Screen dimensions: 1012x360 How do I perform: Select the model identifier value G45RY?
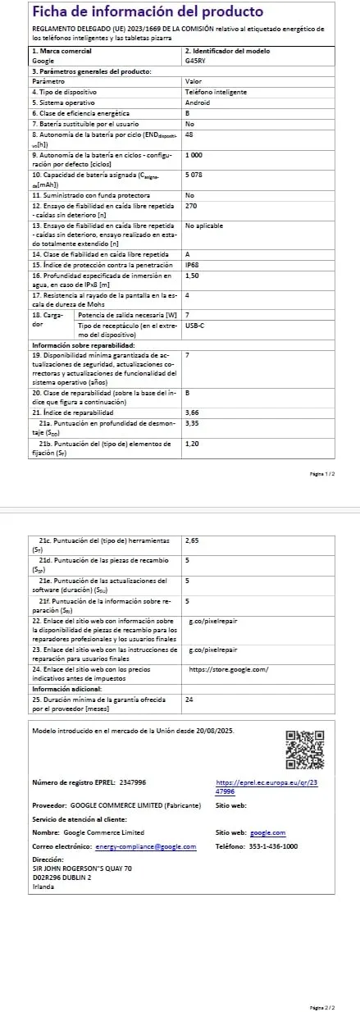click(196, 61)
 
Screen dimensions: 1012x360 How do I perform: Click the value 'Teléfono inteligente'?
click(216, 92)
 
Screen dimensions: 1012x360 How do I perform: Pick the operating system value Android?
click(198, 103)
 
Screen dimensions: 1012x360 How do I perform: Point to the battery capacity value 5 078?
click(195, 175)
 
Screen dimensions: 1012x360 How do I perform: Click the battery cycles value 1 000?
click(195, 154)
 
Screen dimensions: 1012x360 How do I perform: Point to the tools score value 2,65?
click(194, 541)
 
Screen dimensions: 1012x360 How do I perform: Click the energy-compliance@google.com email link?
click(146, 823)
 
